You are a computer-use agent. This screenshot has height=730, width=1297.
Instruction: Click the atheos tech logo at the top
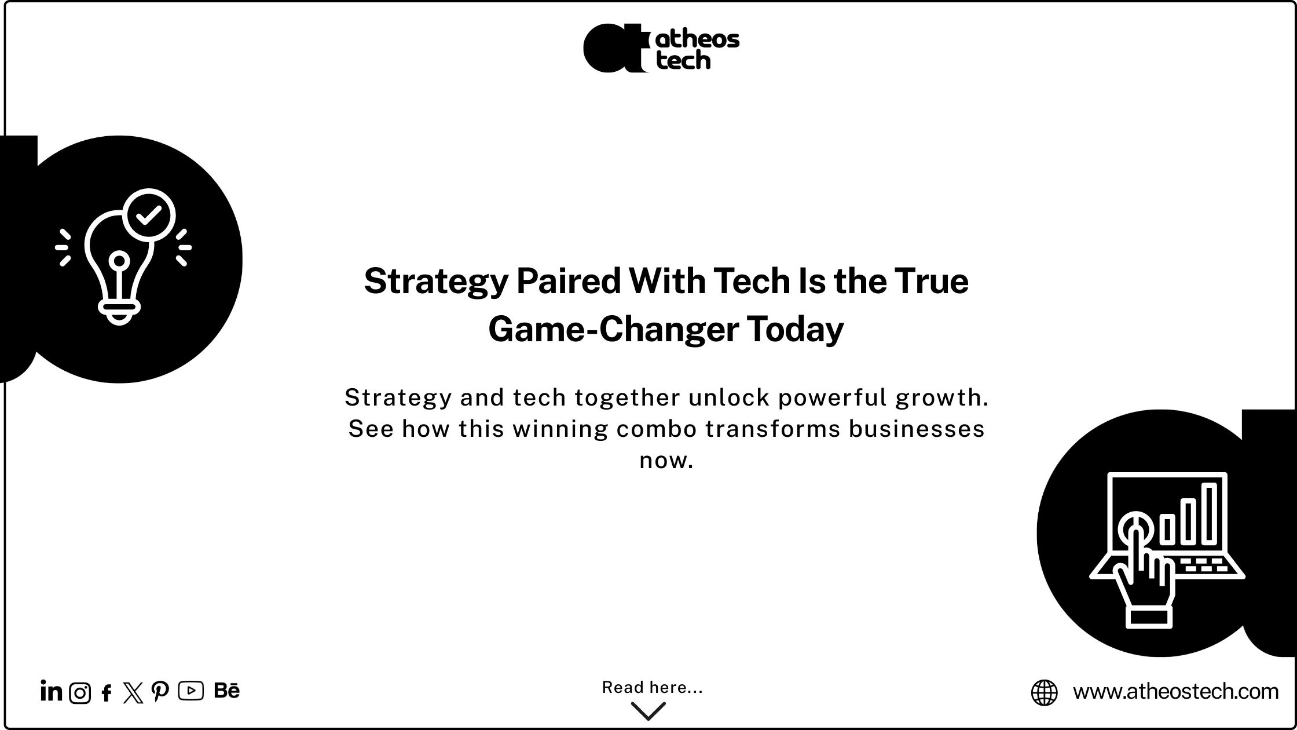[x=661, y=48]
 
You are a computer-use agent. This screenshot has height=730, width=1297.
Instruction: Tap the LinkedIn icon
[x=51, y=691]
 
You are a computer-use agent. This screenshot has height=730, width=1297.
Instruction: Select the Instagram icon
[x=80, y=693]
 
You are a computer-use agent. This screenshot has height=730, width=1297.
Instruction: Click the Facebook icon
[x=107, y=693]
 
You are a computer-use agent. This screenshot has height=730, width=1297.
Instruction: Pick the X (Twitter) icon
[x=133, y=693]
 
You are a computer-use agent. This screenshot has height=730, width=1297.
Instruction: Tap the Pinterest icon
[x=160, y=692]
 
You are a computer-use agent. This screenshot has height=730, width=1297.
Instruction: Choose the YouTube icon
[x=191, y=691]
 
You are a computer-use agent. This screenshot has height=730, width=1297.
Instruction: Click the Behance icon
[x=226, y=691]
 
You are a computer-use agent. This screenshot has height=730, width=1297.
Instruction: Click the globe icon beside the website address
[x=1045, y=693]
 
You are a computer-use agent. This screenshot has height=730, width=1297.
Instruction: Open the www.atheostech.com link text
[x=1175, y=691]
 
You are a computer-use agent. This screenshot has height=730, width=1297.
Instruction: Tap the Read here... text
[x=653, y=687]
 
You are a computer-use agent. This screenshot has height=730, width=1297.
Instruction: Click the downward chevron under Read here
[x=648, y=711]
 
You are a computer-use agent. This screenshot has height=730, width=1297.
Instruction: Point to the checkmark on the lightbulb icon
[x=149, y=215]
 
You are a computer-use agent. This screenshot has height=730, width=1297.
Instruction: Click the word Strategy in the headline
[x=436, y=282]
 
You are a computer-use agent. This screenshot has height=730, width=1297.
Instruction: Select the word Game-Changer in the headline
[x=613, y=330]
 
